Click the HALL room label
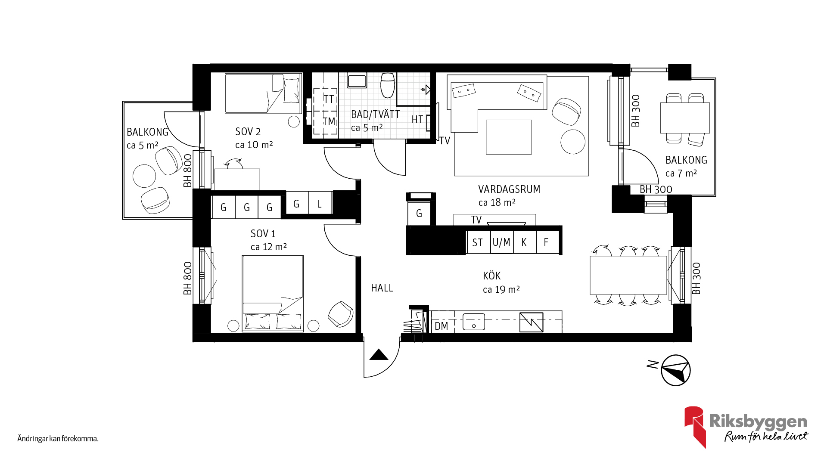pyautogui.click(x=382, y=288)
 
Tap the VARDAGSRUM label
pyautogui.click(x=509, y=189)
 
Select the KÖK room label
pyautogui.click(x=492, y=276)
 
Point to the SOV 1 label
pyautogui.click(x=263, y=234)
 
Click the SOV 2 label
pyautogui.click(x=248, y=132)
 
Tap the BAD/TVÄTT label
pyautogui.click(x=376, y=115)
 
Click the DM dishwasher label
pyautogui.click(x=441, y=326)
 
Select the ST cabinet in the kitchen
pyautogui.click(x=478, y=242)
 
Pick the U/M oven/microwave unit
pyautogui.click(x=502, y=242)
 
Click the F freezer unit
pyautogui.click(x=547, y=242)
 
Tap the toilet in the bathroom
pyautogui.click(x=388, y=85)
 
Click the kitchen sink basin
pyautogui.click(x=474, y=322)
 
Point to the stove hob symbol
pyautogui.click(x=531, y=322)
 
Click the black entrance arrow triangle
pyautogui.click(x=379, y=355)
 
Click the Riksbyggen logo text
pyautogui.click(x=758, y=421)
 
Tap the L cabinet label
pyautogui.click(x=319, y=204)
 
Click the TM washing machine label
pyautogui.click(x=330, y=122)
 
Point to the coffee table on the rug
pyautogui.click(x=509, y=137)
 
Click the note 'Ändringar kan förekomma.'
pyautogui.click(x=58, y=439)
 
